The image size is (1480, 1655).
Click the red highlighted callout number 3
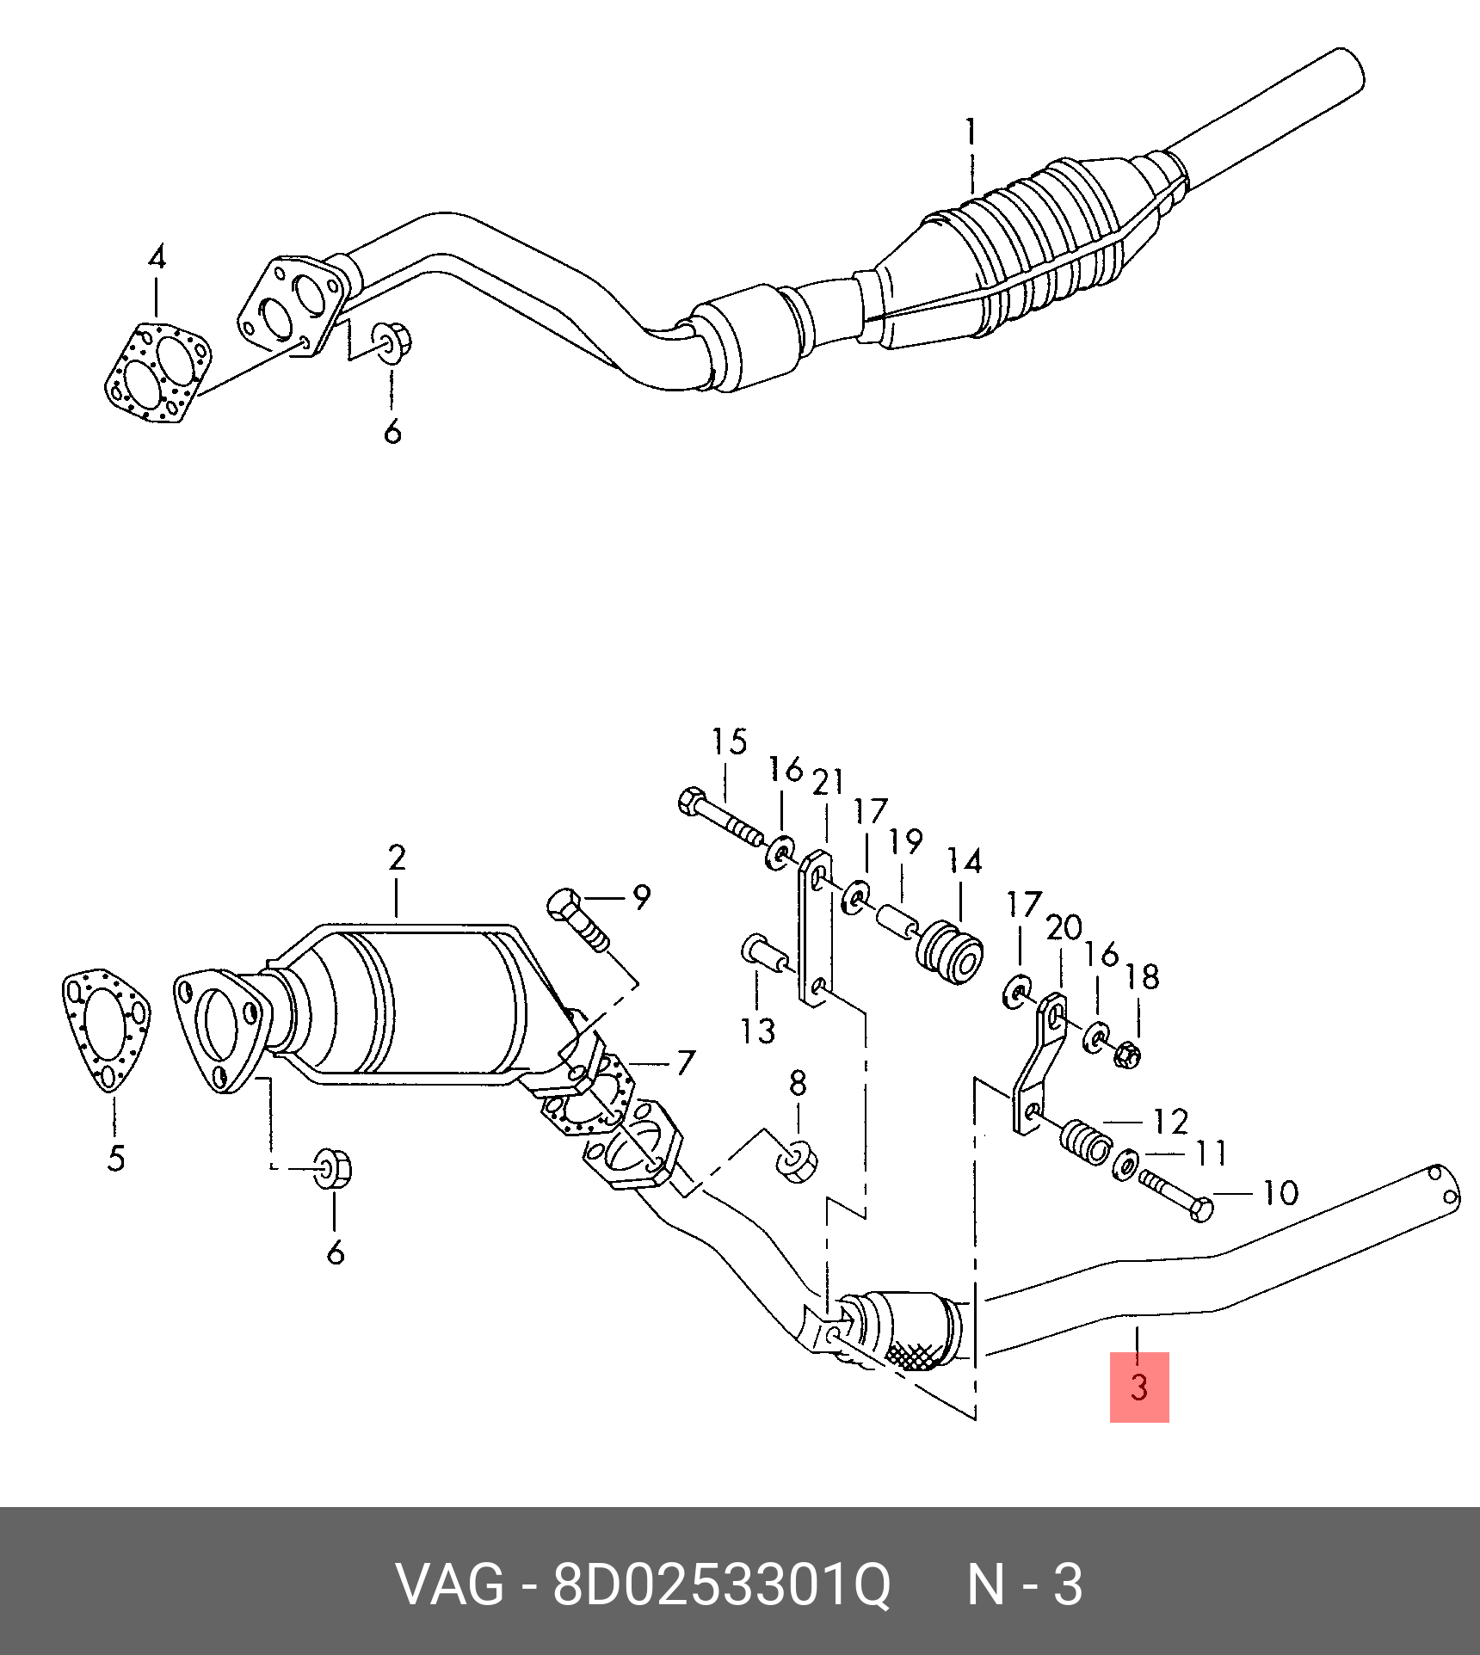pos(1138,1412)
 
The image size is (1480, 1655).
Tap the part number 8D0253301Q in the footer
pos(721,1584)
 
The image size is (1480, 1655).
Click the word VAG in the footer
pos(449,1584)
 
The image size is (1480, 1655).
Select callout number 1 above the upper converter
pos(971,133)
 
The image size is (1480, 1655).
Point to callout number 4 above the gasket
pos(156,258)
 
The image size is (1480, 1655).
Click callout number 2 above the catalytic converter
pos(396,858)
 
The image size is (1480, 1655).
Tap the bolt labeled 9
pos(578,920)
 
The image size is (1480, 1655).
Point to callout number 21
pos(829,783)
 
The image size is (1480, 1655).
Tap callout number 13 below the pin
pos(757,1030)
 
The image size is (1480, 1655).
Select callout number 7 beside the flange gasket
pos(684,1064)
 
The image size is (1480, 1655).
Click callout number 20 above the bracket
pos(1064,928)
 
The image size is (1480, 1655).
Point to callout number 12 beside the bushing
pos(1169,1121)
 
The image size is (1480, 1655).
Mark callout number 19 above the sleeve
pos(906,841)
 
